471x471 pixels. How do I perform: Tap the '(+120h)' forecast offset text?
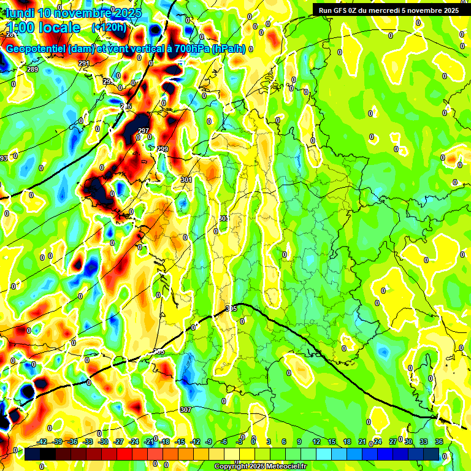109,28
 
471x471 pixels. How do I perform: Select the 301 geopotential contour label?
187,180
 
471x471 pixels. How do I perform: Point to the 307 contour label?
186,410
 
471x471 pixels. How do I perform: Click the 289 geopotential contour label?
33,70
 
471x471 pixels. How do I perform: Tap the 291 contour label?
83,63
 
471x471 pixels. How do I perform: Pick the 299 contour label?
163,149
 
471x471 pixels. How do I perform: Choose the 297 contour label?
144,131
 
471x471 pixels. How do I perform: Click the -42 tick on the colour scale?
42,442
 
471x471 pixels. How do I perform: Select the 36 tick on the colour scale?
439,442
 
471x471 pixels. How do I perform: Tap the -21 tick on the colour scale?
149,442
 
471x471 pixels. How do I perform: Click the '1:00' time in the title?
23,28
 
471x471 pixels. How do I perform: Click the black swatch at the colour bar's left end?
33,454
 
